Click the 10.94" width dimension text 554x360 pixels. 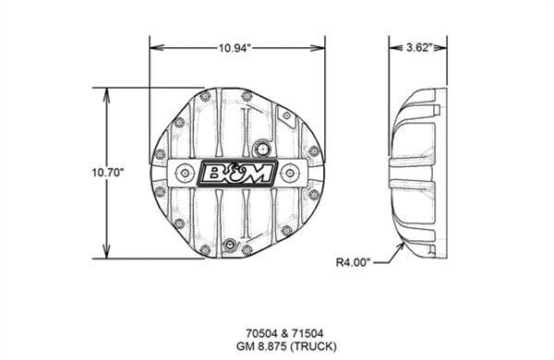click(x=237, y=46)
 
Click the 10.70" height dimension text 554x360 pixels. click(x=108, y=173)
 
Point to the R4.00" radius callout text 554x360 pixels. click(x=354, y=262)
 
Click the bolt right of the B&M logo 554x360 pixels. click(x=291, y=172)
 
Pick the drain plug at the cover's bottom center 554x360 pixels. click(x=231, y=246)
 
